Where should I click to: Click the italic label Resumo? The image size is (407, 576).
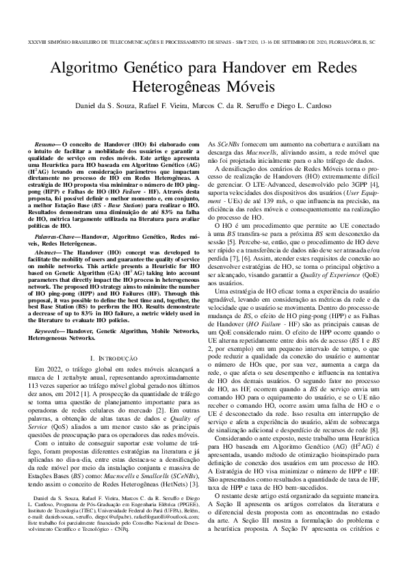47,145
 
